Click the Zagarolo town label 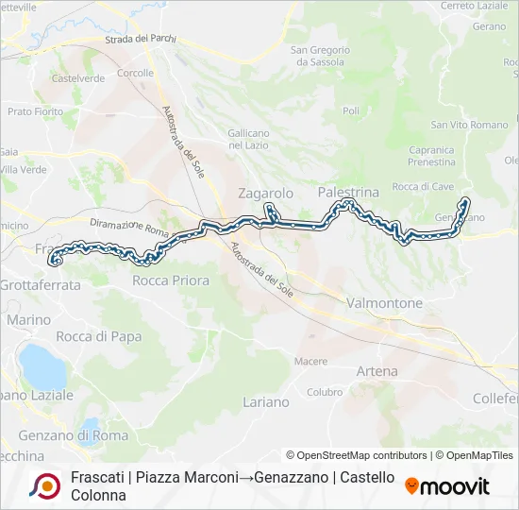coord(266,193)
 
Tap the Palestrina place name coord(348,192)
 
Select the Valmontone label coord(384,303)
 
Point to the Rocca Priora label coord(171,280)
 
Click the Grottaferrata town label coord(41,283)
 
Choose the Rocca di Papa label coord(99,336)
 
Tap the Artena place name coord(377,371)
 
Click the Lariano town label coord(266,401)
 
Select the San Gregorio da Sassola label coord(320,56)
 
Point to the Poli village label coord(351,111)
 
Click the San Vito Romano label coord(469,125)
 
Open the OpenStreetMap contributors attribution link coord(356,455)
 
